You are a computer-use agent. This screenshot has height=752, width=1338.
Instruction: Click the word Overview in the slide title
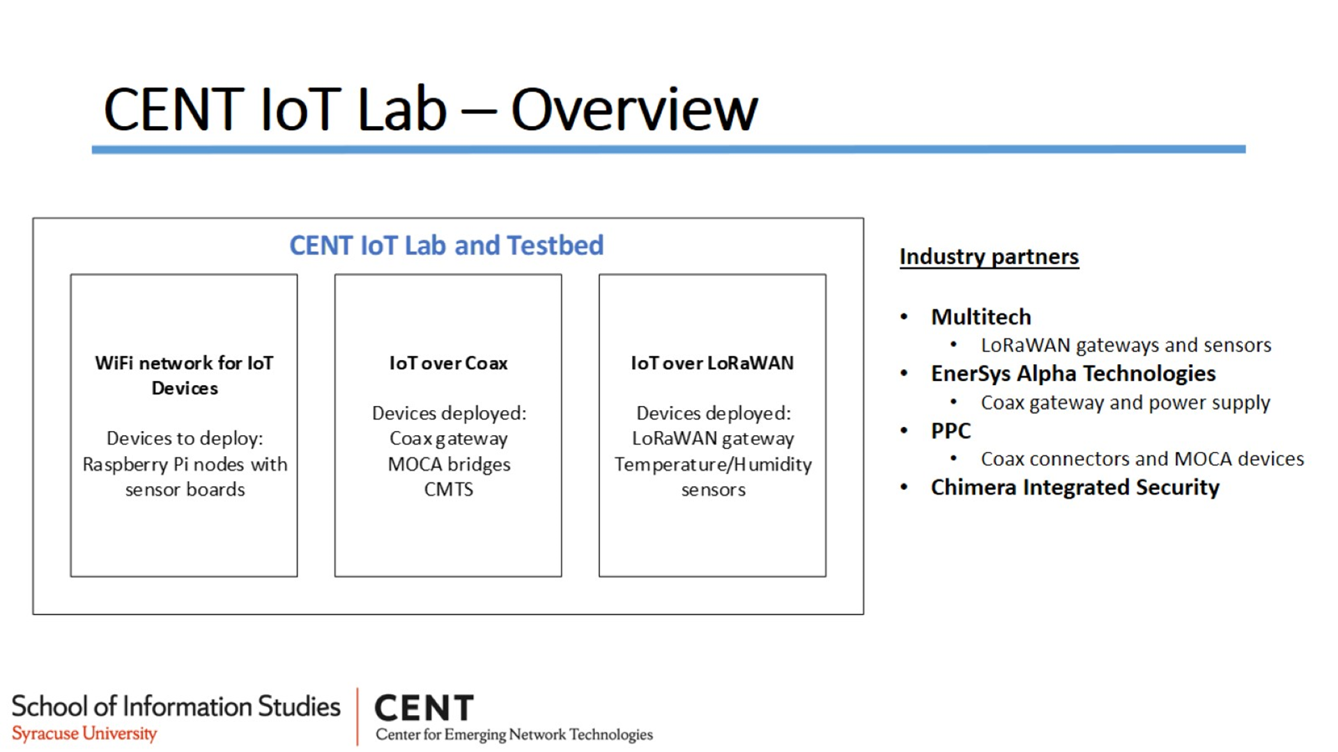(634, 110)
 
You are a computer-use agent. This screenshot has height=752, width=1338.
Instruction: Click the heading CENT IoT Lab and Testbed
(447, 245)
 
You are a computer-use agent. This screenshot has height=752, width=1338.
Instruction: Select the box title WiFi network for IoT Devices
(185, 375)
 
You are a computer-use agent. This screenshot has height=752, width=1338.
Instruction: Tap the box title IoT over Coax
(449, 363)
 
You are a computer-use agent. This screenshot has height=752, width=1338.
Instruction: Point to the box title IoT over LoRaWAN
(712, 363)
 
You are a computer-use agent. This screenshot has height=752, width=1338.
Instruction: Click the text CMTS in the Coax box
(449, 489)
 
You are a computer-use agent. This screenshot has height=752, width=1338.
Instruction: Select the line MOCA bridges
(449, 464)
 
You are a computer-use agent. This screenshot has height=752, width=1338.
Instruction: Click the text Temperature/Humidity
(713, 464)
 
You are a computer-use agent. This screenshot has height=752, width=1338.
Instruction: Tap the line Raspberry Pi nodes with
(185, 464)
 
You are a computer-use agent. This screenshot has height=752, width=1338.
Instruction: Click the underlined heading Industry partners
(989, 257)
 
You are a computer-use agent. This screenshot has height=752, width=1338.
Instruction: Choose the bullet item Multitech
(981, 317)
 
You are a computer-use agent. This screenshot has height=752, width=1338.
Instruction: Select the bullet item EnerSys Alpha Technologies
(1073, 374)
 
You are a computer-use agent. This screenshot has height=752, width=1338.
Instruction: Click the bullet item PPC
(951, 431)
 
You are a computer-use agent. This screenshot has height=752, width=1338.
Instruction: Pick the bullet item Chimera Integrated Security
(1075, 487)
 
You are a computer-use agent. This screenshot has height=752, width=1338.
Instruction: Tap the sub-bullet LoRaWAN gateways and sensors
(1126, 345)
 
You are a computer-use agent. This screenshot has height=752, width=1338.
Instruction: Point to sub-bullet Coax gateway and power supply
(1125, 402)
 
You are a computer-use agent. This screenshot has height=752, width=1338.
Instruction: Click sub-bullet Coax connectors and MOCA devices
(1142, 459)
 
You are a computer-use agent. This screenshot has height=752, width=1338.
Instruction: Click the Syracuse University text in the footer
(84, 734)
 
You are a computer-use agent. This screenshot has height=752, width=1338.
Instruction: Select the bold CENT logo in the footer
(424, 708)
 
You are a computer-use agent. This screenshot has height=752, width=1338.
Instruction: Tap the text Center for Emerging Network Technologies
(514, 735)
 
